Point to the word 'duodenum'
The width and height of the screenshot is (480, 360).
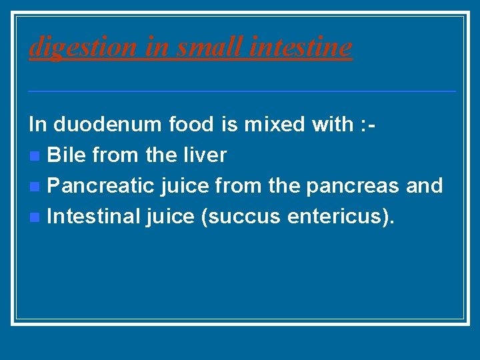click(108, 124)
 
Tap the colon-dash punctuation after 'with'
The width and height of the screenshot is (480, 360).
click(371, 125)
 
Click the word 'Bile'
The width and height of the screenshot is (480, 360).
click(68, 155)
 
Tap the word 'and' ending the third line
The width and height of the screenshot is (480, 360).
click(424, 185)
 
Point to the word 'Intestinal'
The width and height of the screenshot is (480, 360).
click(94, 216)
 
